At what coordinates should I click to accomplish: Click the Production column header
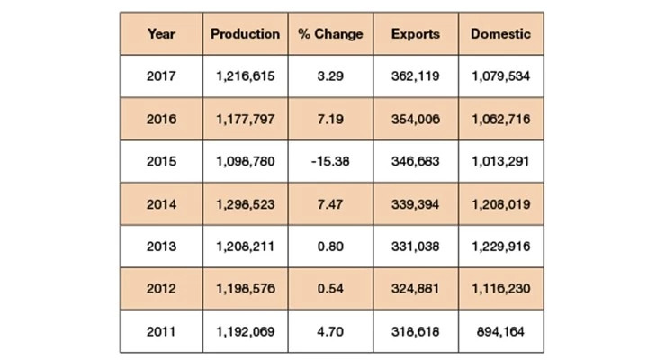click(245, 34)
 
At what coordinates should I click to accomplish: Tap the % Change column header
click(330, 34)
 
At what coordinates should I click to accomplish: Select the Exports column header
click(416, 34)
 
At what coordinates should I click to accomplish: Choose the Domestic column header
click(500, 34)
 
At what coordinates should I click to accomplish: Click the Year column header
click(161, 34)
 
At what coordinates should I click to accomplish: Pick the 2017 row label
click(161, 76)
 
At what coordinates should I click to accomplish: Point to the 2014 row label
click(161, 203)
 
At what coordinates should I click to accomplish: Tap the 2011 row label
click(161, 330)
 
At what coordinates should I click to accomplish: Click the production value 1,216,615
click(246, 76)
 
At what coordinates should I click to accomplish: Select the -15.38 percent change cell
click(330, 161)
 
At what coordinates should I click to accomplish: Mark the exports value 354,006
click(416, 119)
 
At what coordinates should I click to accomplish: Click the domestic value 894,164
click(500, 330)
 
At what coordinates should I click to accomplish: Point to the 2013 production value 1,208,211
click(246, 246)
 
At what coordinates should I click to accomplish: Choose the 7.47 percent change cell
click(330, 203)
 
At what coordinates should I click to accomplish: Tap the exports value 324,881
click(416, 288)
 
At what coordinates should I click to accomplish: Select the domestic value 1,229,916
click(500, 246)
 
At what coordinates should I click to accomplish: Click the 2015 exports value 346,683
click(416, 161)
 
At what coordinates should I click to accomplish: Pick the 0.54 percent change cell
click(330, 288)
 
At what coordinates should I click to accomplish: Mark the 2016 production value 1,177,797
click(246, 119)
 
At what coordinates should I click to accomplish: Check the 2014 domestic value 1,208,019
click(500, 203)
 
